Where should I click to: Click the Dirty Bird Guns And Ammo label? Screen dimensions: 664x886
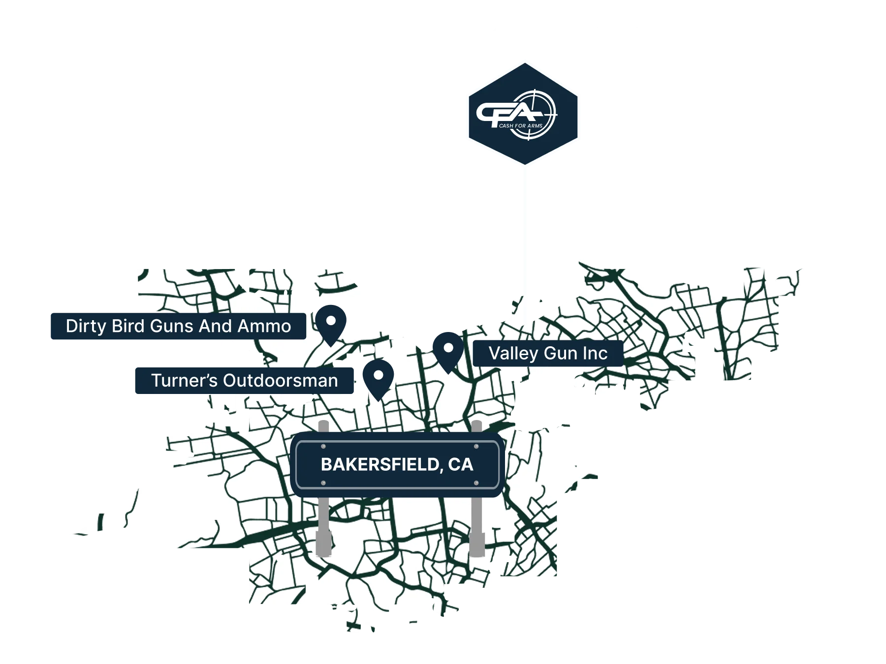point(178,326)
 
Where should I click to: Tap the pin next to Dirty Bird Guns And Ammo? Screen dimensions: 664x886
point(331,322)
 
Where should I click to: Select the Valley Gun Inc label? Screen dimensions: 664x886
point(547,353)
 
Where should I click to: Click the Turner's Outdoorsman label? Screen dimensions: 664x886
point(244,380)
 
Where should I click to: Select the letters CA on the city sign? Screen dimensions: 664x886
point(460,465)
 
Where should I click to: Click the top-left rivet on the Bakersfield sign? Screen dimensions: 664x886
point(323,447)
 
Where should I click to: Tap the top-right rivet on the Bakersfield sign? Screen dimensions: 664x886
point(476,447)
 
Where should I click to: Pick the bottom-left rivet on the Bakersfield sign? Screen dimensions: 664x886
point(323,483)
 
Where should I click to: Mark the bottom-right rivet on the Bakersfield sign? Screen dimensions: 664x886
point(476,483)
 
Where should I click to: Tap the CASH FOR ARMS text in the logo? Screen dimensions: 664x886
point(520,126)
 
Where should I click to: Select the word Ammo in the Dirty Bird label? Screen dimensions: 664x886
point(264,326)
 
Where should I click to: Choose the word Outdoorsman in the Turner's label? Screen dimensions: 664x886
point(281,380)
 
